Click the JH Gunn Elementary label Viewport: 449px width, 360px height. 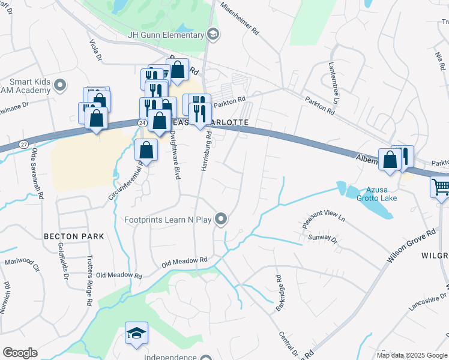pyautogui.click(x=166, y=35)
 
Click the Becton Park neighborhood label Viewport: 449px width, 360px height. pyautogui.click(x=74, y=236)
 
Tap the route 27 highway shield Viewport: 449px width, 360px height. pyautogui.click(x=23, y=144)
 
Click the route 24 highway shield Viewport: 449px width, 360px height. pyautogui.click(x=142, y=122)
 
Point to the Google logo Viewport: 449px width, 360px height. pyautogui.click(x=20, y=353)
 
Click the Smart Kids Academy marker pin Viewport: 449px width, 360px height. pyautogui.click(x=59, y=85)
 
